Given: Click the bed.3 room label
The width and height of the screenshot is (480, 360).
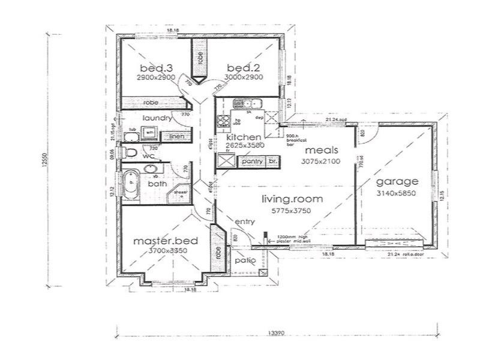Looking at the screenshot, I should [x=154, y=67].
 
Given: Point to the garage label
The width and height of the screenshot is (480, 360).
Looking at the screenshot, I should [x=397, y=182].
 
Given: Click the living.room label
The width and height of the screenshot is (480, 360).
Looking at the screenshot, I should [x=292, y=199].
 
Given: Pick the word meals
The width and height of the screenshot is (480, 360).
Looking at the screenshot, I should [x=320, y=150].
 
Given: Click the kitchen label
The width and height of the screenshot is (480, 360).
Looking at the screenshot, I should [x=244, y=137].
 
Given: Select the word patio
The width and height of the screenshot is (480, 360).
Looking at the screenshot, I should [x=245, y=261].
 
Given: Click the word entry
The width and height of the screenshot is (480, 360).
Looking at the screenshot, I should [x=245, y=223].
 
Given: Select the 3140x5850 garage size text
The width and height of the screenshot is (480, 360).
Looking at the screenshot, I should [x=397, y=193].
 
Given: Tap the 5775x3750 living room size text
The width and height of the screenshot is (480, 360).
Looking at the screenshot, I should [x=292, y=211].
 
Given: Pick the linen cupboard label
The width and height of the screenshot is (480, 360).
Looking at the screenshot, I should [x=175, y=137].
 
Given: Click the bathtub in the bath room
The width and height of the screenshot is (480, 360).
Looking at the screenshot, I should [x=131, y=184].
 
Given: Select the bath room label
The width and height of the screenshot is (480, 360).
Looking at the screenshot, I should [x=157, y=184].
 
